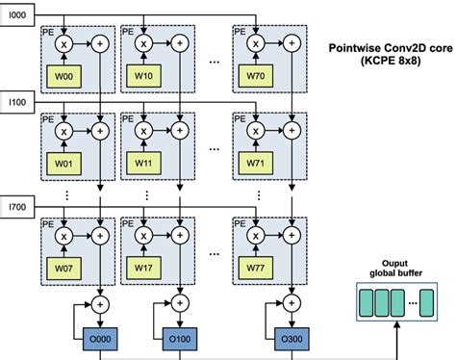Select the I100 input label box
click(x=18, y=99)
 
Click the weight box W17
click(x=144, y=266)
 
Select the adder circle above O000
click(x=104, y=310)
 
